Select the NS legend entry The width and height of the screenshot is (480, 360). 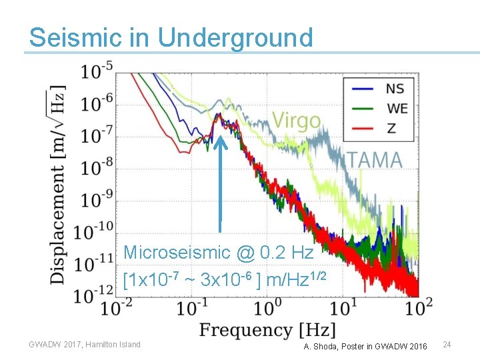click(395, 88)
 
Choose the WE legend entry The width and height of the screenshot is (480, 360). click(396, 107)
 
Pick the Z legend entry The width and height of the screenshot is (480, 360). click(390, 127)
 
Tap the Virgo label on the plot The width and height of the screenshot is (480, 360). click(296, 121)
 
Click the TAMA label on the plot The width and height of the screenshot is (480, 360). click(374, 160)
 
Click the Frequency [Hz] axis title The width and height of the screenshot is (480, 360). click(267, 330)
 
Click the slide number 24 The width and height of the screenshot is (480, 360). click(447, 345)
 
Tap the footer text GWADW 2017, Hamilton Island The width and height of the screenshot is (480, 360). click(85, 345)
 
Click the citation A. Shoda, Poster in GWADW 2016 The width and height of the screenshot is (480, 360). click(365, 346)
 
